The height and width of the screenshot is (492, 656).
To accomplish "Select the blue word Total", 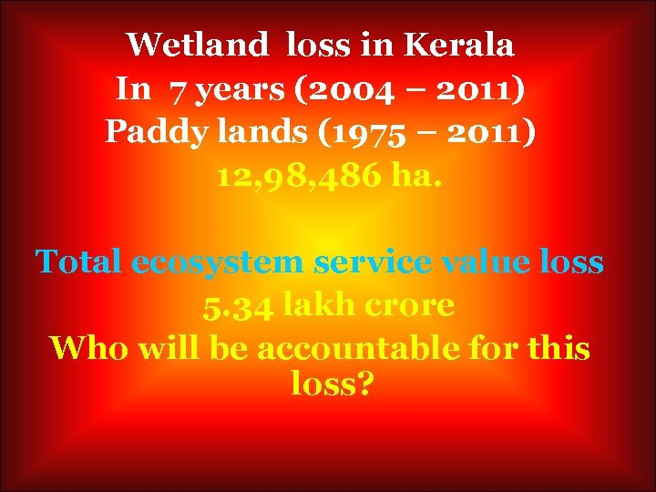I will click(x=78, y=262).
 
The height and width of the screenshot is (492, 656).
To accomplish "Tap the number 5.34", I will click(x=238, y=306).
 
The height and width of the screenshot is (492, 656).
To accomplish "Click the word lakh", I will click(x=314, y=306).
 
